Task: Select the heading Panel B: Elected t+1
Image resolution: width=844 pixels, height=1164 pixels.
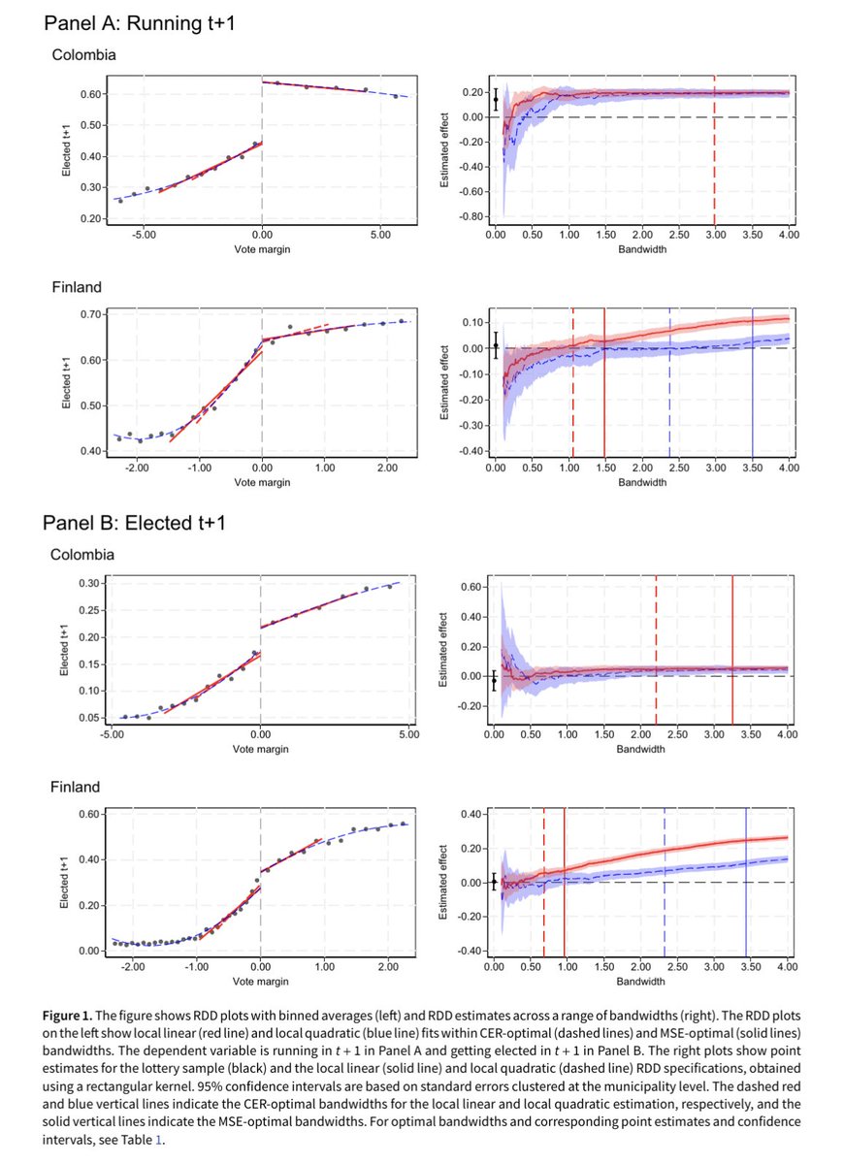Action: [x=136, y=524]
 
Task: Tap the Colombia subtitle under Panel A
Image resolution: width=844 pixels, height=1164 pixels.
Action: [x=83, y=55]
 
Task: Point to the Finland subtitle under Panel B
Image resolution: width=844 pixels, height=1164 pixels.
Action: [x=77, y=786]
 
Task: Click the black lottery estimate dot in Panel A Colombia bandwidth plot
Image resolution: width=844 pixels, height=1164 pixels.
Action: [x=496, y=99]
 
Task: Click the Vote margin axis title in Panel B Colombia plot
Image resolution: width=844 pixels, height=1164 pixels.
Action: [x=261, y=751]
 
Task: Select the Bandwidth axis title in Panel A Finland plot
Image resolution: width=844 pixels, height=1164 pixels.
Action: [x=641, y=481]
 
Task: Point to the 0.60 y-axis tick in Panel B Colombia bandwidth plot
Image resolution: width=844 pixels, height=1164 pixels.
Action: [x=472, y=587]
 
